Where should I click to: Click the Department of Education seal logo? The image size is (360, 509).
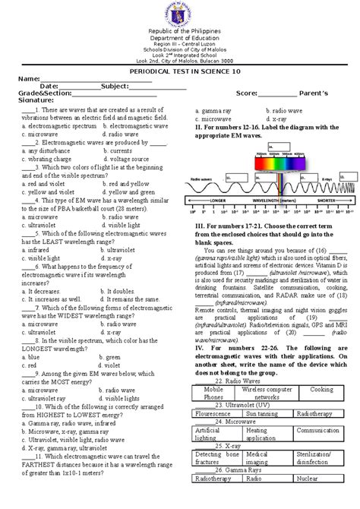(x=180, y=12)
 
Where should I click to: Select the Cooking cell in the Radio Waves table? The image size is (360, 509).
(x=321, y=388)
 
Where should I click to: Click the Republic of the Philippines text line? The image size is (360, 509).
(x=180, y=29)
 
